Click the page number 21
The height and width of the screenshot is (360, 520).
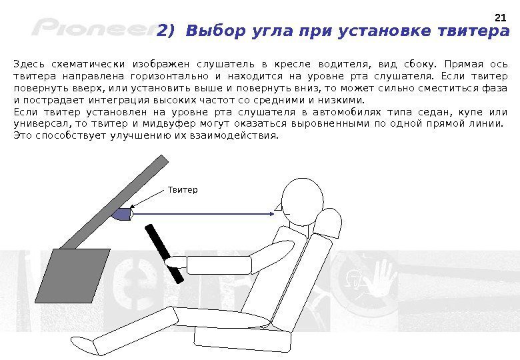pos(500,17)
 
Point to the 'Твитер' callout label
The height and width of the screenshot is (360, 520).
pos(183,190)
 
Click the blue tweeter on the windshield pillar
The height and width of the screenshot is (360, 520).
pos(123,214)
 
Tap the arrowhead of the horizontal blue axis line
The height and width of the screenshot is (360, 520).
pos(271,214)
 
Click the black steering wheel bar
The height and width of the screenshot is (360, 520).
pos(164,253)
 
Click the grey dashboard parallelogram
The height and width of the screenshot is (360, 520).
pos(73,276)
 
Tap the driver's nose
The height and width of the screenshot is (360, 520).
pos(278,207)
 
